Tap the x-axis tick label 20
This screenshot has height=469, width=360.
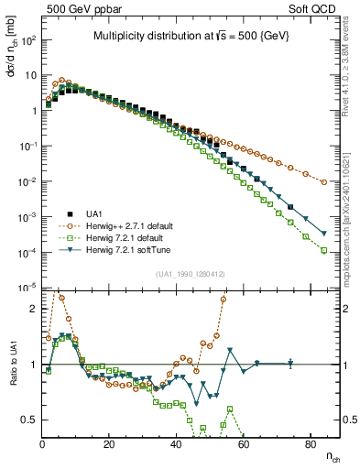click(x=109, y=444)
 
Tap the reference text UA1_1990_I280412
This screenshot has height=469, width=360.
click(x=191, y=274)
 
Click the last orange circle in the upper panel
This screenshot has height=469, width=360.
click(x=324, y=182)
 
